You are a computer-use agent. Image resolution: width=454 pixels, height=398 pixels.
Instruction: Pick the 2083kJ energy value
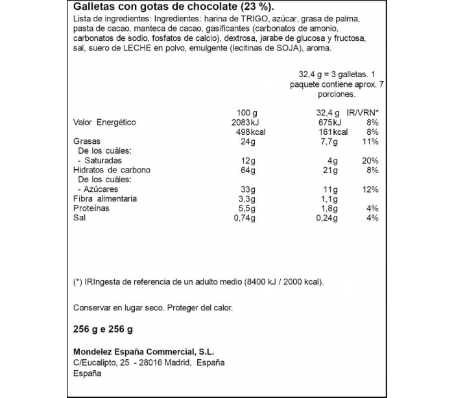click(x=236, y=123)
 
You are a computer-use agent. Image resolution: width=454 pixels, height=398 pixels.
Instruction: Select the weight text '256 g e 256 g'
click(x=104, y=330)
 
